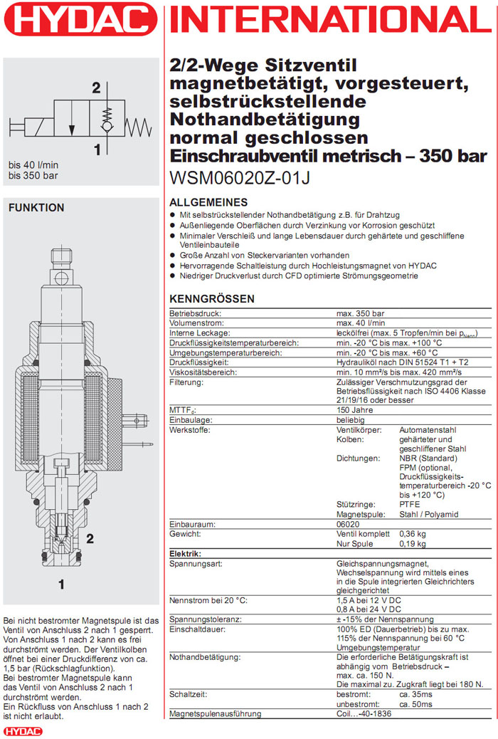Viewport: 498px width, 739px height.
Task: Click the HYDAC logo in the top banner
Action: click(78, 20)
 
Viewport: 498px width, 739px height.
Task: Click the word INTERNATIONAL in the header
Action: click(332, 21)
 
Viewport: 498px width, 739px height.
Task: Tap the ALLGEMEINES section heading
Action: click(208, 202)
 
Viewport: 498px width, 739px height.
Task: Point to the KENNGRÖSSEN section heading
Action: click(212, 299)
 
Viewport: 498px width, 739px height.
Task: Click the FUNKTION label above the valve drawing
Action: click(36, 208)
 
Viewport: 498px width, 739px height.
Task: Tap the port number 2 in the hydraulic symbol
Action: click(95, 89)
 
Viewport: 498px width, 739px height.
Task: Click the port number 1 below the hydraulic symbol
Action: click(96, 150)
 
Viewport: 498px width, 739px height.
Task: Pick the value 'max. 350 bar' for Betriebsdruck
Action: click(360, 313)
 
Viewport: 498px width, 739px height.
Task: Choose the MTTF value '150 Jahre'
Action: click(355, 411)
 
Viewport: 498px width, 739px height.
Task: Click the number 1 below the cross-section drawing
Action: click(62, 585)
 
